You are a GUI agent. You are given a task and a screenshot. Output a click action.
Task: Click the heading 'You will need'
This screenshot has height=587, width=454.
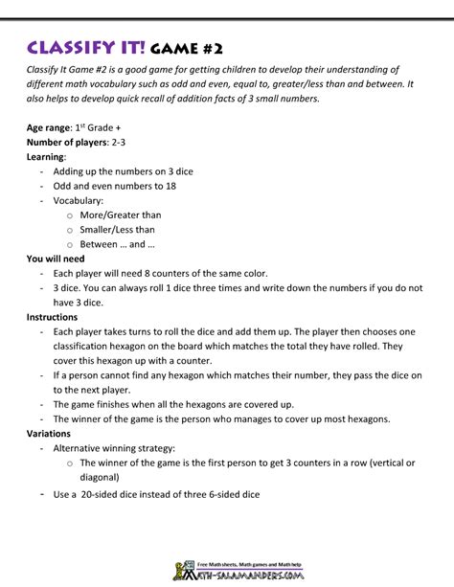coord(56,259)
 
